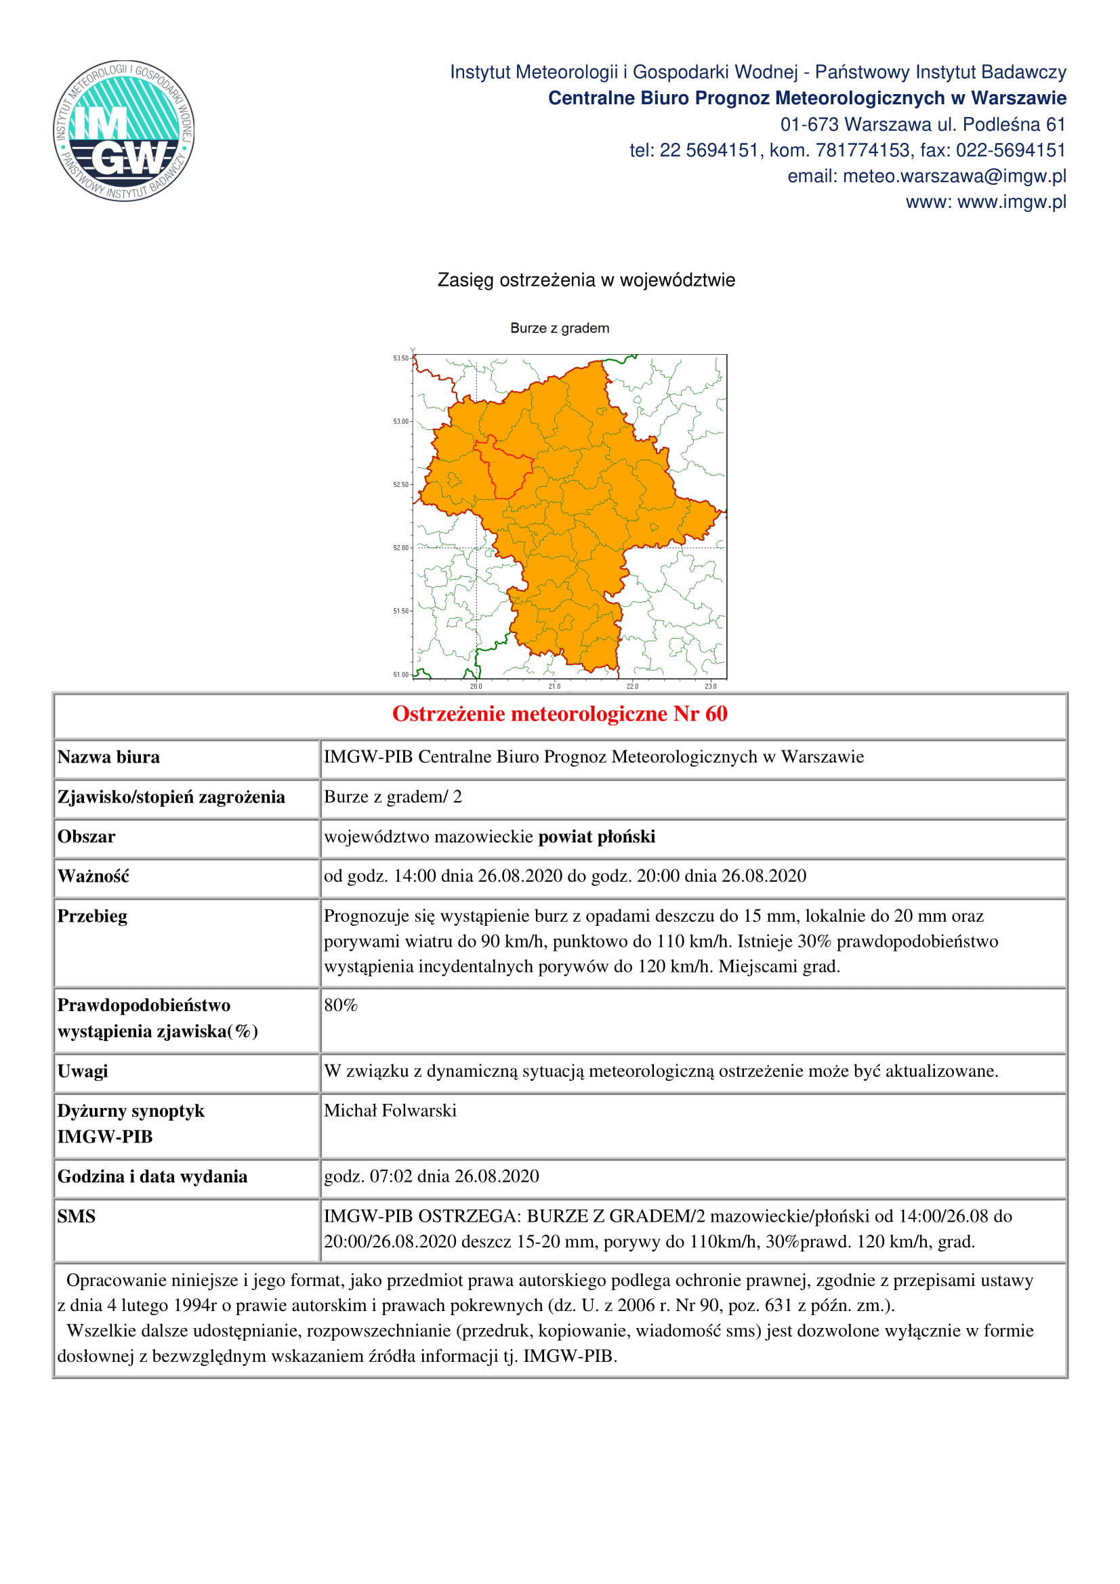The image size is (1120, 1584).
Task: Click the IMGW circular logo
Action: [124, 131]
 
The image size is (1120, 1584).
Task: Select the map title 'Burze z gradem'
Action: [560, 328]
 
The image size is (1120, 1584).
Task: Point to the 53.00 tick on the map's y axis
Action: [402, 421]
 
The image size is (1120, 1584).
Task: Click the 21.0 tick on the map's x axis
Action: [555, 686]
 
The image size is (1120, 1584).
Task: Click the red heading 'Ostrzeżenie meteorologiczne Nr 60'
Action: [560, 714]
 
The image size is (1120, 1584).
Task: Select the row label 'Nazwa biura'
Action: [108, 758]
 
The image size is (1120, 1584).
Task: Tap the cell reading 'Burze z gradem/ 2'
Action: [393, 798]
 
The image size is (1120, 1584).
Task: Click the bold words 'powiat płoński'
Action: [597, 837]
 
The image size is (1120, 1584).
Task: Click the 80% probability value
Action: [341, 1006]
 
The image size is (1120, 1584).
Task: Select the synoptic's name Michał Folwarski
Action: [390, 1111]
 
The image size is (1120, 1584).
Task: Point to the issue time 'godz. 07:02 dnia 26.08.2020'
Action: [432, 1176]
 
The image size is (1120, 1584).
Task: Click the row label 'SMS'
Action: [76, 1216]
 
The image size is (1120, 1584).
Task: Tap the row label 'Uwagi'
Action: [83, 1071]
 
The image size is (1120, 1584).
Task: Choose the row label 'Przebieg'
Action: [92, 917]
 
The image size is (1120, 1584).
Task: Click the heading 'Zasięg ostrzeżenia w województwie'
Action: [586, 280]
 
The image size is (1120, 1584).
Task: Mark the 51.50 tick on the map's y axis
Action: [402, 612]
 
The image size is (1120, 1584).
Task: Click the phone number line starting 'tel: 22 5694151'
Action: [848, 150]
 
